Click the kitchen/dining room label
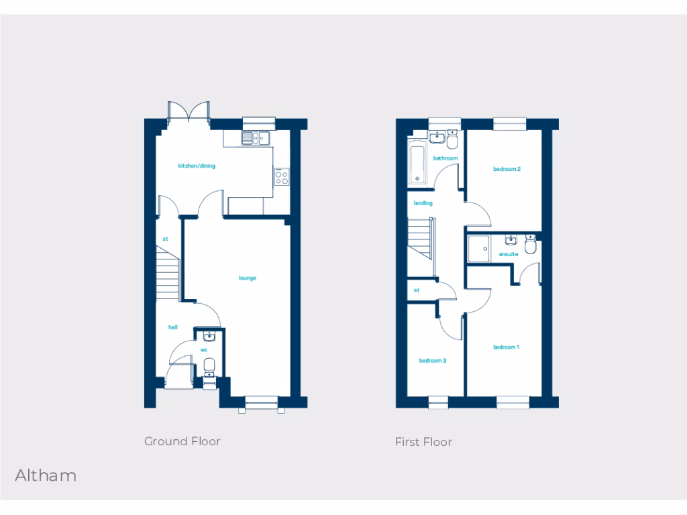196,166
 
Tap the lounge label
248,278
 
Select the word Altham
46,476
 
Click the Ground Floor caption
182,441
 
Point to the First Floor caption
423,442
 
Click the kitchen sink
256,138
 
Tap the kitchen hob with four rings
282,176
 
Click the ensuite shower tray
479,249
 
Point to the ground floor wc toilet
209,366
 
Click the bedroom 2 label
507,169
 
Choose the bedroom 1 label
507,347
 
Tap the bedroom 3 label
433,360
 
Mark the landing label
423,203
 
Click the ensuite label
509,255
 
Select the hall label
173,327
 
